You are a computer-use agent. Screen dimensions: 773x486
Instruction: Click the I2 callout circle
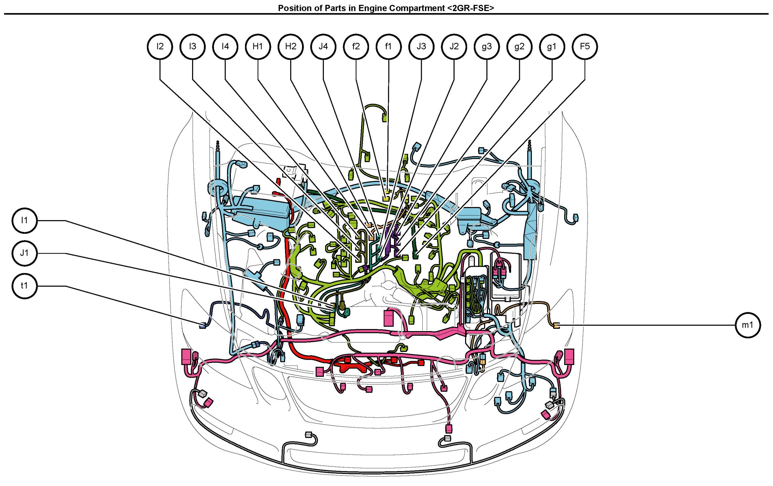click(160, 47)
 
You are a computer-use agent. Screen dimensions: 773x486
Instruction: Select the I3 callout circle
click(192, 47)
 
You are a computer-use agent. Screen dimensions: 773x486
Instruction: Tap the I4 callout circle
click(225, 47)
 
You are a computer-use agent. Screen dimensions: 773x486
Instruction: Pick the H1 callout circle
click(258, 47)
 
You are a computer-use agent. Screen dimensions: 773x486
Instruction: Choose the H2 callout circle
click(291, 47)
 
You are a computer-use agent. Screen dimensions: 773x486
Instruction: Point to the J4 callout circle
click(323, 47)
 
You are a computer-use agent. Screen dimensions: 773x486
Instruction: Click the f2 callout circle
click(356, 47)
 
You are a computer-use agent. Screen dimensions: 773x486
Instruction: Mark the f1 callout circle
click(388, 47)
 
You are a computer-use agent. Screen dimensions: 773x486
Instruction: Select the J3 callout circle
click(421, 47)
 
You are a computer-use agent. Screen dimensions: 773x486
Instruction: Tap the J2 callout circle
click(454, 47)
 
